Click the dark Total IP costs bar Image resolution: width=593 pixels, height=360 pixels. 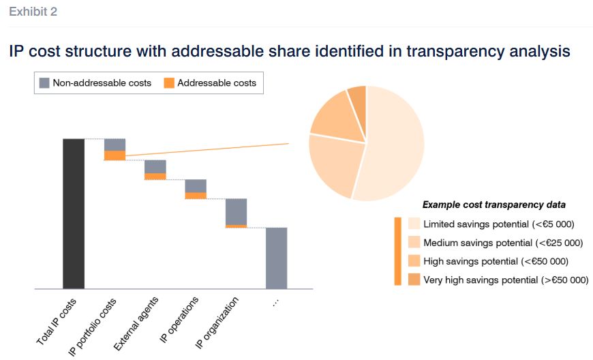74,213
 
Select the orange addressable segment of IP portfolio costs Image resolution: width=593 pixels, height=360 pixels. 115,155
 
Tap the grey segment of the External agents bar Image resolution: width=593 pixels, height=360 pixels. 155,166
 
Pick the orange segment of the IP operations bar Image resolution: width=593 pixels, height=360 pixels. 196,196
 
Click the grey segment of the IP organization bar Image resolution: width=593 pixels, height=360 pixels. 236,211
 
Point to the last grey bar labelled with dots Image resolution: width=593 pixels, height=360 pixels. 276,258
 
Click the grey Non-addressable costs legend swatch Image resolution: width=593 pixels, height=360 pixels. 44,83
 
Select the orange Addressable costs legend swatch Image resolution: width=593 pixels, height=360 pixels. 169,83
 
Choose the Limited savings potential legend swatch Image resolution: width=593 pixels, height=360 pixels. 414,224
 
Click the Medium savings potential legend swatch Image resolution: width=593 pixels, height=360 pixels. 414,242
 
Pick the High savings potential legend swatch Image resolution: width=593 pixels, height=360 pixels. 414,260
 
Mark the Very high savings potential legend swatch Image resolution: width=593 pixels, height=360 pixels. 414,280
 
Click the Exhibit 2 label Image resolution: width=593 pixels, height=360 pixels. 33,12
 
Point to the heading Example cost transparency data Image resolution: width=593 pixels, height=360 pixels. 493,205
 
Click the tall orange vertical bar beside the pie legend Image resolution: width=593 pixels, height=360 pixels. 397,251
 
